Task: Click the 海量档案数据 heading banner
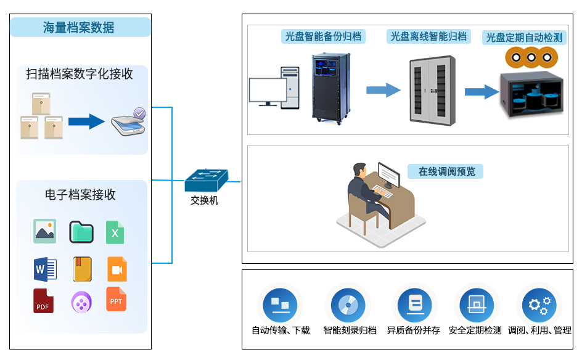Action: click(80, 27)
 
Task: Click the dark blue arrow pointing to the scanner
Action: click(86, 121)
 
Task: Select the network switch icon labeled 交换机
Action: click(205, 179)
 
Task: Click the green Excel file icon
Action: click(115, 232)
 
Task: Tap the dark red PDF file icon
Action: click(43, 301)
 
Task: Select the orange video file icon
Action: click(117, 269)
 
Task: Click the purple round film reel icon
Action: click(81, 302)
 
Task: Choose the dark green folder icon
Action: click(81, 232)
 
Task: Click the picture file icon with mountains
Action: click(44, 231)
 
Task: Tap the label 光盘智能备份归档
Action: click(322, 36)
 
